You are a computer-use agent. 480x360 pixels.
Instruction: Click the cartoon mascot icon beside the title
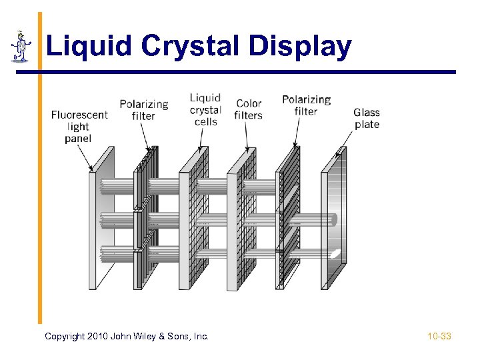21,46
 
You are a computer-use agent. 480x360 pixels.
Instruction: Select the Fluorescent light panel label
79,126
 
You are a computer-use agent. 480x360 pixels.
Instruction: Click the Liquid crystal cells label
205,109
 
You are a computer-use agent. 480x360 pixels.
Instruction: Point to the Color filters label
249,109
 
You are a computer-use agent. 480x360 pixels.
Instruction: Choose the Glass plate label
367,118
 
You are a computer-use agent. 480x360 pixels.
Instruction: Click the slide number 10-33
439,337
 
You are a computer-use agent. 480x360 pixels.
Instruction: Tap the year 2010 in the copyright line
99,337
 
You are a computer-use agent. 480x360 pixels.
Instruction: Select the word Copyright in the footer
65,337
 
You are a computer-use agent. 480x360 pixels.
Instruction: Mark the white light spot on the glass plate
337,253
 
